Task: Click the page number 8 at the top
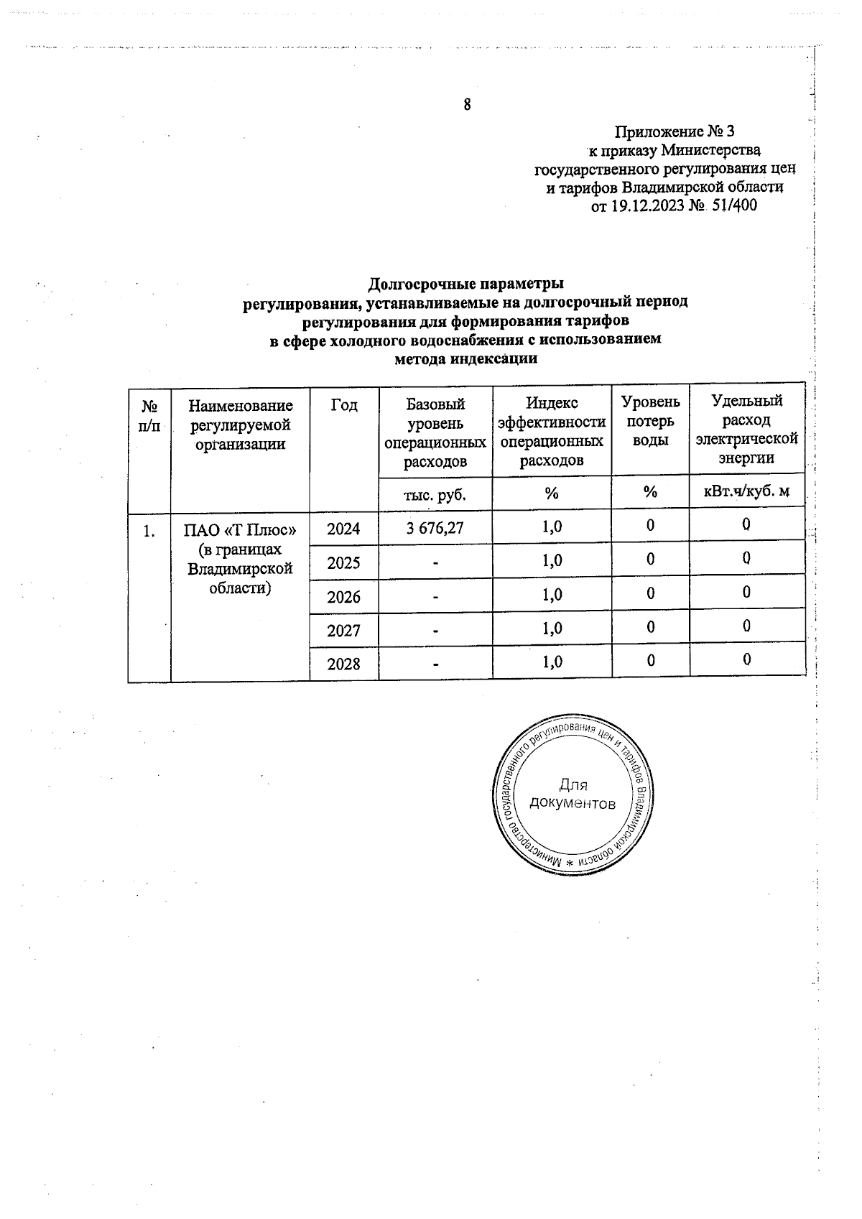point(467,105)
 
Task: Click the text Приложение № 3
point(675,131)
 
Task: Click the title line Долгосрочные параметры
point(465,283)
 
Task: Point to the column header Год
point(344,405)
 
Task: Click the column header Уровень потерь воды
point(650,421)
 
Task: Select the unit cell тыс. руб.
point(435,494)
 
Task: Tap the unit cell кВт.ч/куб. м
point(746,492)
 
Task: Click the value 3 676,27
point(435,528)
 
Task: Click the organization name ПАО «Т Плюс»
point(240,531)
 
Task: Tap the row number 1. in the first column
point(149,532)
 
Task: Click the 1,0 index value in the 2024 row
point(552,527)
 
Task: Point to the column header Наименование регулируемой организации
point(240,425)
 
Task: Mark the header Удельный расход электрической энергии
point(746,429)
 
